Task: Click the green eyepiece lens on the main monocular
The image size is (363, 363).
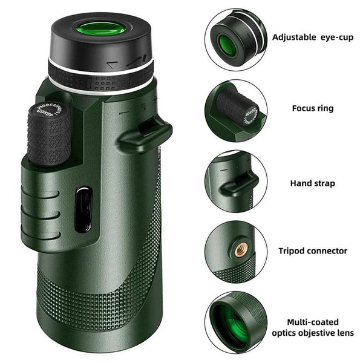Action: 100,28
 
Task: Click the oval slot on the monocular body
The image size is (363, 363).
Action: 83,209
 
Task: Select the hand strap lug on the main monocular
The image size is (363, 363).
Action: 145,135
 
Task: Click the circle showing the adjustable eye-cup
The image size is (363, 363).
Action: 235,39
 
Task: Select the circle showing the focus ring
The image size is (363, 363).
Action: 235,111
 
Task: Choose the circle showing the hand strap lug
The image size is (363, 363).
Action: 235,181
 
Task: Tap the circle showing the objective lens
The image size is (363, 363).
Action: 235,322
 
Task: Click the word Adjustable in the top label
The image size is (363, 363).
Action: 293,37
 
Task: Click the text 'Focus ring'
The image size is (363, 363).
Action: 312,108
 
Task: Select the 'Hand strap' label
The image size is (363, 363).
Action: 313,183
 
